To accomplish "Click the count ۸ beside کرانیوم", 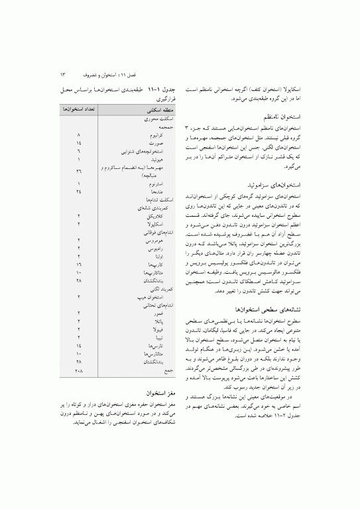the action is [x=79, y=134].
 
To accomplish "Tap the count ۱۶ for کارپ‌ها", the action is [x=79, y=263].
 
